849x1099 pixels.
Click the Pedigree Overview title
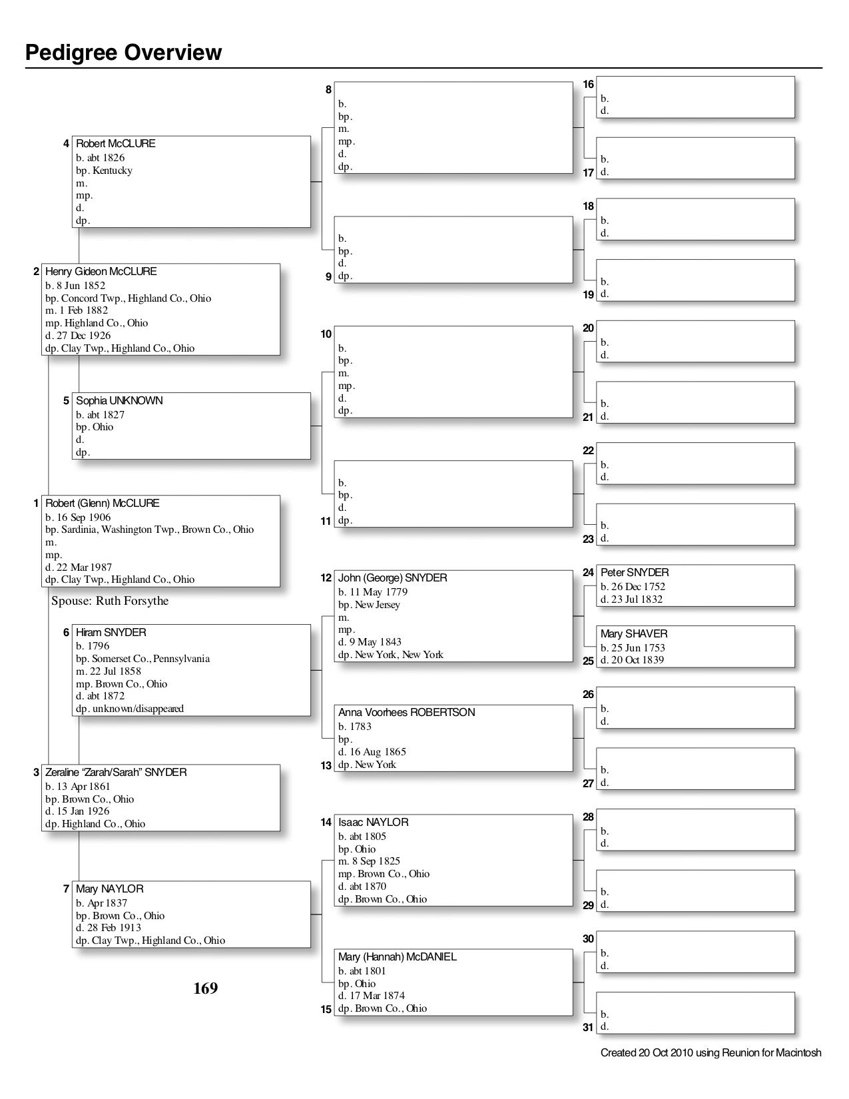point(124,53)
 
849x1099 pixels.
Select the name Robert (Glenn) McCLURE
point(103,504)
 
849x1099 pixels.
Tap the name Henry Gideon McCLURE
point(101,272)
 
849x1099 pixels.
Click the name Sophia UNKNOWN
point(119,401)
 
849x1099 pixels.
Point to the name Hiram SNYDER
point(111,633)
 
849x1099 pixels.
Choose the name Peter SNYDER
point(635,573)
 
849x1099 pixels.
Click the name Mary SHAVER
point(634,634)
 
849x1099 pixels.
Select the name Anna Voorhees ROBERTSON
point(407,713)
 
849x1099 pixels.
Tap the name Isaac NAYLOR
point(374,823)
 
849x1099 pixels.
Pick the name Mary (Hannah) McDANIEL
point(398,957)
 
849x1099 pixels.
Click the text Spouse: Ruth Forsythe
point(110,601)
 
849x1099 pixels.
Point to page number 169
point(206,988)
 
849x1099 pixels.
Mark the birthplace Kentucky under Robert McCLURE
point(113,171)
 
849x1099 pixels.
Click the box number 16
point(589,85)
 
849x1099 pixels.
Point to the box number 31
point(588,1027)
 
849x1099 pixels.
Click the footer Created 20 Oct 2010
point(710,1053)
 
